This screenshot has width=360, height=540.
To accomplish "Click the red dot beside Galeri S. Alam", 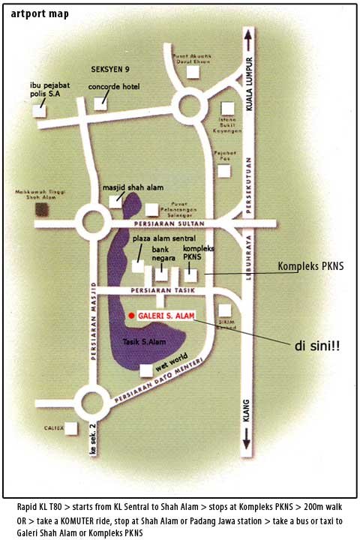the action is (130, 316).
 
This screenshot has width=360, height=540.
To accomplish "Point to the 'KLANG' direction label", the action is (245, 434).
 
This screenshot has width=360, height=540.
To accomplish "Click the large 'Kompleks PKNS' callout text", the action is (313, 266).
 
